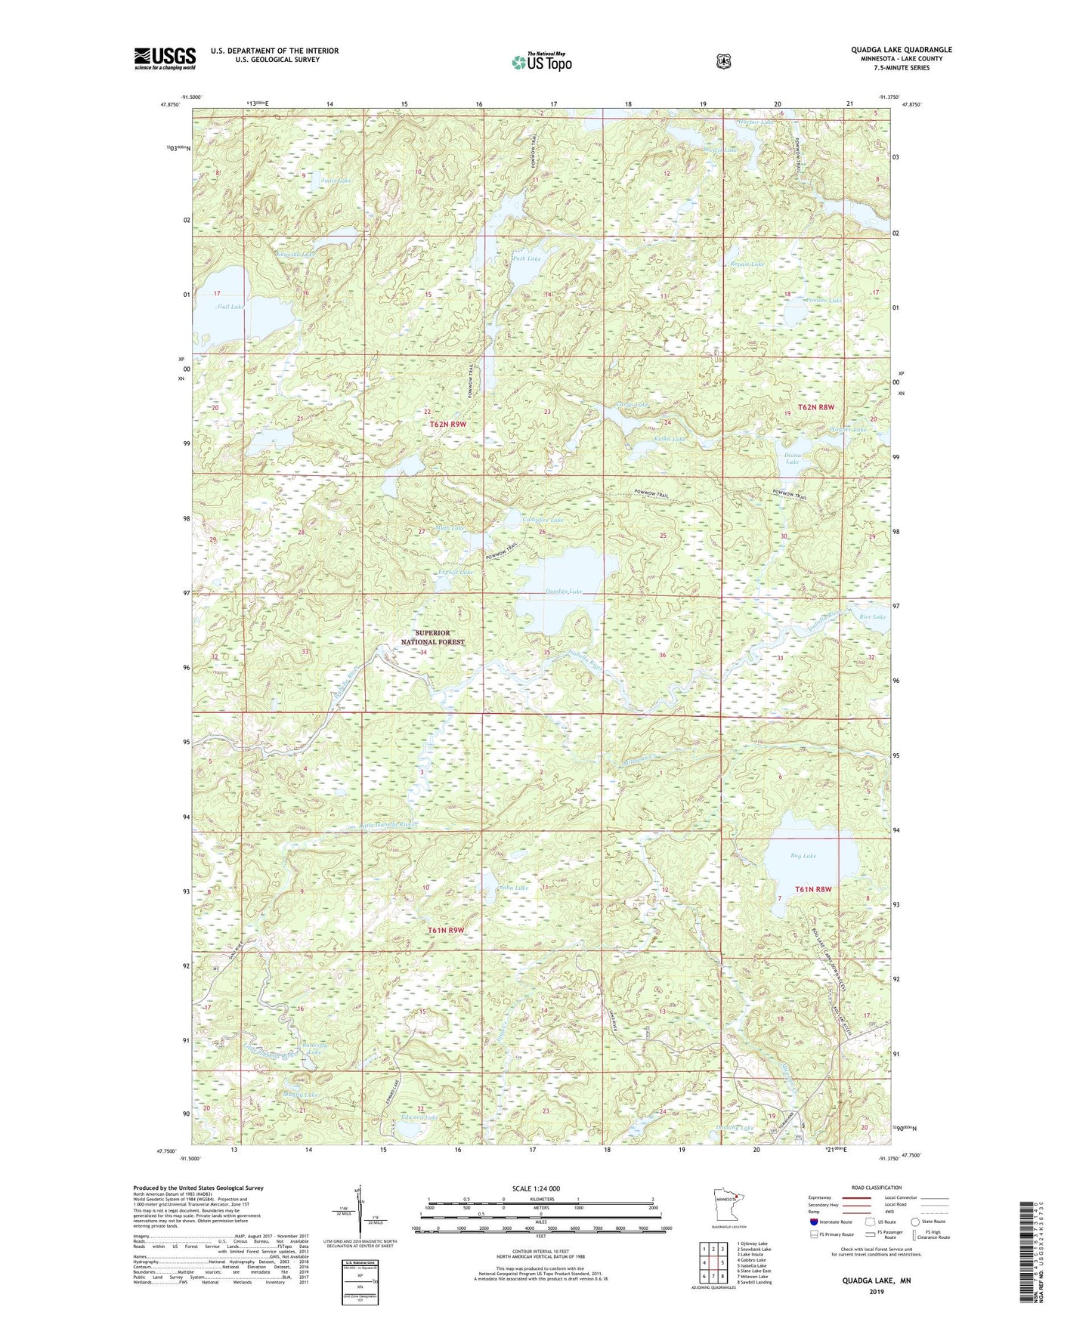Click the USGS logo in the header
pos(165,58)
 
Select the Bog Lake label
pos(803,856)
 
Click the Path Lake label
pos(526,259)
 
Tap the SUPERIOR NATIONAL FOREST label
pos(432,638)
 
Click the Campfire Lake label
pos(543,520)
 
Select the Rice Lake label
pos(872,616)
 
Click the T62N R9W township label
pos(447,425)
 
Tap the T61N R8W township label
pos(813,889)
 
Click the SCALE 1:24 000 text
pos(536,1189)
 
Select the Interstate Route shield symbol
pos(813,1222)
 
